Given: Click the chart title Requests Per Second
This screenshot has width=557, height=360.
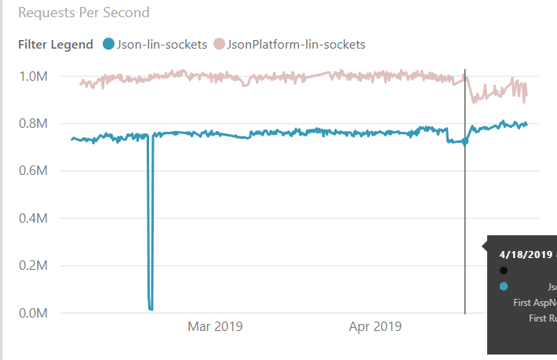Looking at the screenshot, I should [x=84, y=13].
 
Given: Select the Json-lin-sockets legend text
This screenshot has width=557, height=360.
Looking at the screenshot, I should [x=162, y=44].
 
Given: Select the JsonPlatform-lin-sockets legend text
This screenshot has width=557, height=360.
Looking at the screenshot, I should [x=296, y=44].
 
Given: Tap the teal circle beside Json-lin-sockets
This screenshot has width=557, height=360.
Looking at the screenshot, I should [x=108, y=44].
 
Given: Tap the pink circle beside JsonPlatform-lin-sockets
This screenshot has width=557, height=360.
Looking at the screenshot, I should [x=219, y=44].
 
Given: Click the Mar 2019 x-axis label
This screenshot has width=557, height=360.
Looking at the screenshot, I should [x=215, y=326].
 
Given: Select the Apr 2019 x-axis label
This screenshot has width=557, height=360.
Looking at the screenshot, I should [x=375, y=326].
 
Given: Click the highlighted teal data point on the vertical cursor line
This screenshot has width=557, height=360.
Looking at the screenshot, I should [x=464, y=141].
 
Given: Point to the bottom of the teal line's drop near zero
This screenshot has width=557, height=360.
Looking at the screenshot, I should [x=150, y=308].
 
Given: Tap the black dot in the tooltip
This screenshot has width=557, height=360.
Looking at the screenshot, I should [x=504, y=271].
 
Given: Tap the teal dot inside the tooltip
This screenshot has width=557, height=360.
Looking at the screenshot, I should [x=504, y=287].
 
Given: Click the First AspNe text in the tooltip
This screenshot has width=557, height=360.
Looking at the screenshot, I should [x=534, y=302].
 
